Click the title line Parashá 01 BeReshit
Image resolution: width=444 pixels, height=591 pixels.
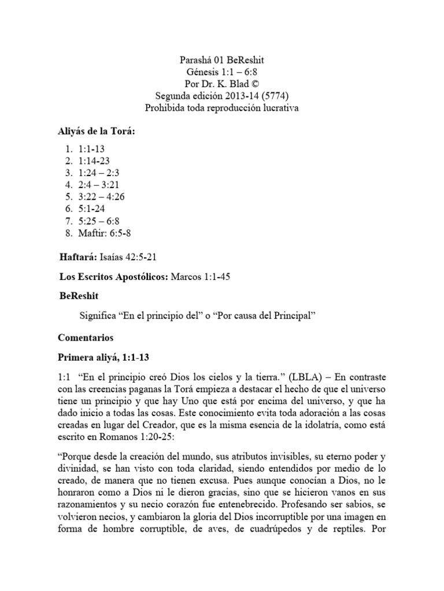point(221,60)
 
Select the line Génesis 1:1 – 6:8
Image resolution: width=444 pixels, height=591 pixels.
point(221,72)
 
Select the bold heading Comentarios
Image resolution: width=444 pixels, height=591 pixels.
point(86,336)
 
